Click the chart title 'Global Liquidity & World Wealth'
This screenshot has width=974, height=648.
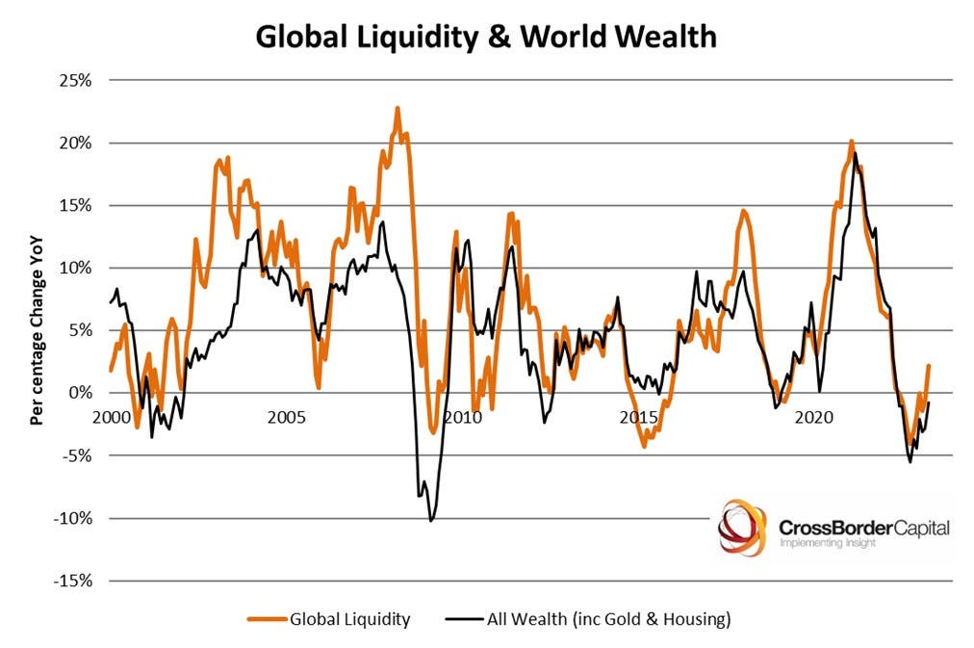click(486, 37)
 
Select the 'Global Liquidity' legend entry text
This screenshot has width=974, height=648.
click(350, 619)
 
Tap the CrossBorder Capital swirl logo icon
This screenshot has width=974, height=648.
click(742, 527)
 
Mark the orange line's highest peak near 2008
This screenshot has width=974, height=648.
click(397, 108)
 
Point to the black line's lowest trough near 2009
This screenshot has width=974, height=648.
click(430, 521)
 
